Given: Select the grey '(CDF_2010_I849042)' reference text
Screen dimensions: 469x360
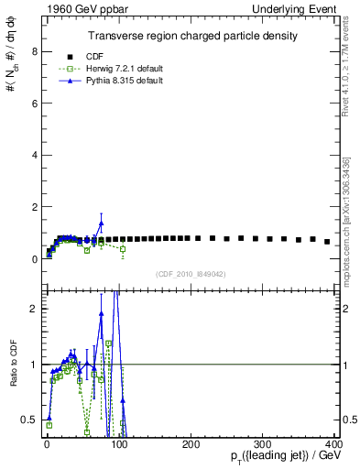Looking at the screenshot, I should (190, 273).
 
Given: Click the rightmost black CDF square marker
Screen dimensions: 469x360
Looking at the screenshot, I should (327, 242).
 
